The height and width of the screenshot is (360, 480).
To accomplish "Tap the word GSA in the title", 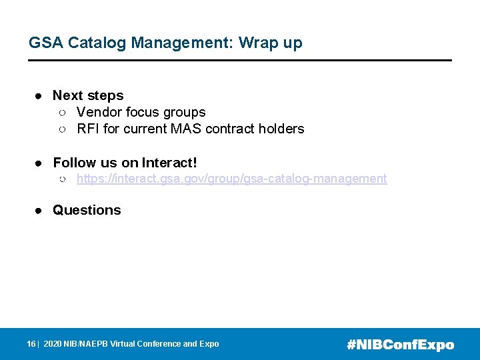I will tap(44, 43).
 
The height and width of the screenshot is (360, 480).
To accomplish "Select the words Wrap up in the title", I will tap(270, 43).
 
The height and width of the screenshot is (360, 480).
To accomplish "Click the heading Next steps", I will tap(88, 96).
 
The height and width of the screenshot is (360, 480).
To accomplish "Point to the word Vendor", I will tap(99, 113).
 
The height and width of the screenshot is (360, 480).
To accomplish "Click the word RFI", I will tap(88, 129).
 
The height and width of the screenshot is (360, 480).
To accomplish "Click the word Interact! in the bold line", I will tap(169, 163).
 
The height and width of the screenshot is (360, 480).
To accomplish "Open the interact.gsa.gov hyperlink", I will tap(231, 179).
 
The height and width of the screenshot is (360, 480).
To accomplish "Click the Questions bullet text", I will tap(87, 210).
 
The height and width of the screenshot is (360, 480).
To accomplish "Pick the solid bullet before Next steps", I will tap(39, 96).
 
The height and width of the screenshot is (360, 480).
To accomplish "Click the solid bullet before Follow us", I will tap(39, 163).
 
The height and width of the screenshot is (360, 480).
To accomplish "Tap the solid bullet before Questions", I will tap(39, 211).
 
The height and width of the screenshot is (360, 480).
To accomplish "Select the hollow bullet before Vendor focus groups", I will tap(61, 113).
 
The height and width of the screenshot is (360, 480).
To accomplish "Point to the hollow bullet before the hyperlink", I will tap(61, 179).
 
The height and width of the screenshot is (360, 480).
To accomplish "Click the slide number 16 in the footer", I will tap(31, 344).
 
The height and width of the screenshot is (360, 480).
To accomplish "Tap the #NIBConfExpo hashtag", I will tap(401, 345).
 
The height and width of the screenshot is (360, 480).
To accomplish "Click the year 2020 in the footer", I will tap(52, 344).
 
